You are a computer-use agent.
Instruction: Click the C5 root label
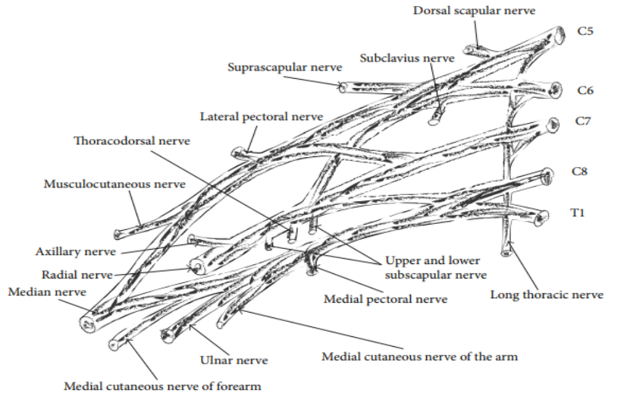click(585, 31)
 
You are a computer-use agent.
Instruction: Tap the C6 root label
click(585, 90)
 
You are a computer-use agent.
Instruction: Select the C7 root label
click(582, 121)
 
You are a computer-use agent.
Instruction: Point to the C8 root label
click(579, 171)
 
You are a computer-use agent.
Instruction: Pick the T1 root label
click(578, 213)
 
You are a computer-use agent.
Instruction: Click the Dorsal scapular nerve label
click(474, 11)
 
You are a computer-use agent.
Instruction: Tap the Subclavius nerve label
click(407, 58)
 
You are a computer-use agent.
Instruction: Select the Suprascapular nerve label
click(285, 68)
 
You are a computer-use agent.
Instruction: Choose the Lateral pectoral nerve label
click(262, 117)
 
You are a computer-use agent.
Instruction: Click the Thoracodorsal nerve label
click(132, 141)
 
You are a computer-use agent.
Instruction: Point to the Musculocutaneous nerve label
click(114, 184)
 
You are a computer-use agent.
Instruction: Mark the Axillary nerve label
click(76, 252)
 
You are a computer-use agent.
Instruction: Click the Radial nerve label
click(77, 275)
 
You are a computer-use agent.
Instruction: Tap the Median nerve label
click(47, 292)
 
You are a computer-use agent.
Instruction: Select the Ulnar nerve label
click(234, 361)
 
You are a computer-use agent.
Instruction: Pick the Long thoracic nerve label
click(547, 294)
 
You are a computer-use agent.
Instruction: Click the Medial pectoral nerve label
click(386, 299)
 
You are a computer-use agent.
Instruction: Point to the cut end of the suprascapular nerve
click(342, 87)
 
